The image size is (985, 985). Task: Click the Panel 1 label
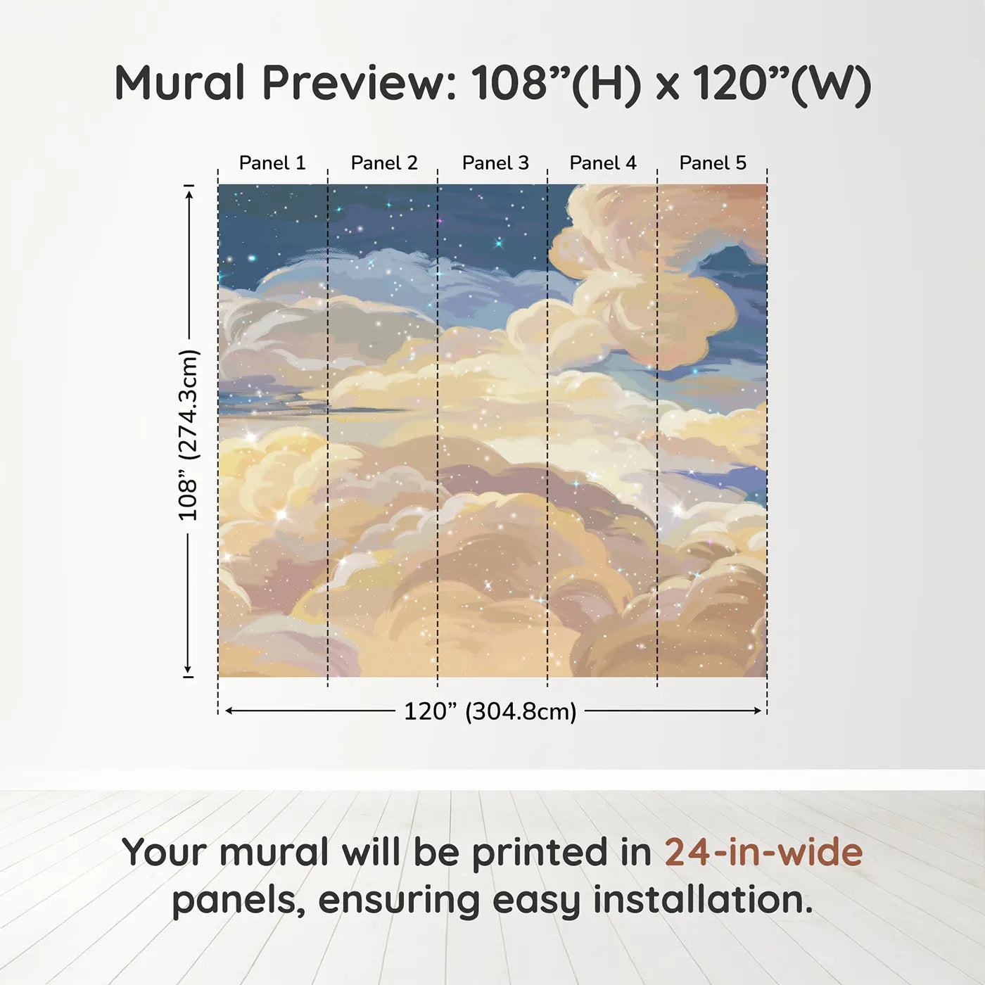pos(272,163)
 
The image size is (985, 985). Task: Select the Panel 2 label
pos(384,163)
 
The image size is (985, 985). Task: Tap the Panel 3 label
pos(495,163)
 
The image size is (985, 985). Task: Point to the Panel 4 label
pos(603,163)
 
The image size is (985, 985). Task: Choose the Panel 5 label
pos(713,163)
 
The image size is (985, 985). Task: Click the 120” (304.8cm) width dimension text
pos(490,711)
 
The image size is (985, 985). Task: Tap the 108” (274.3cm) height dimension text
pos(188,435)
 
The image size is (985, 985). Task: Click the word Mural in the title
pos(179,82)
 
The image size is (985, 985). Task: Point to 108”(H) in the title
pos(556,84)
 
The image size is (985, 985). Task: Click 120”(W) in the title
pos(782,84)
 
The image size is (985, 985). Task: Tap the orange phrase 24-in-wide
pos(763,852)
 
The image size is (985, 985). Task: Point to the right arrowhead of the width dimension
pos(757,711)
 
